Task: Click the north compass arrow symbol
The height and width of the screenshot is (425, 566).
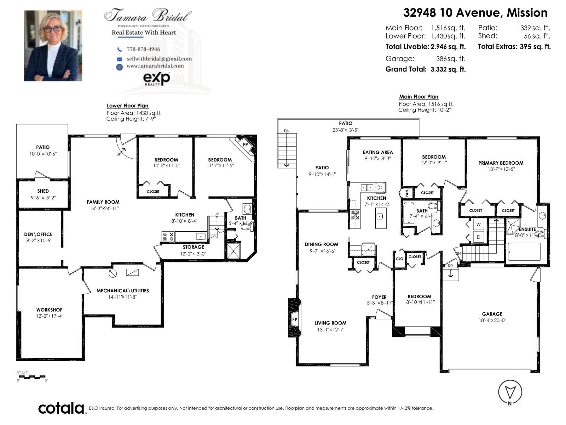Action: [510, 392]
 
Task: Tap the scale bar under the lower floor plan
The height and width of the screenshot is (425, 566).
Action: [32, 377]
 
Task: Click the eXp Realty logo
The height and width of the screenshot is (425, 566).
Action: [156, 78]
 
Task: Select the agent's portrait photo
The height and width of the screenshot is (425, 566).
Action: [53, 46]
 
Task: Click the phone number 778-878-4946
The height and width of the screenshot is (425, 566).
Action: [143, 49]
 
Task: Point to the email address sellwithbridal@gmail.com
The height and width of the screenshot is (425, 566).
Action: [159, 59]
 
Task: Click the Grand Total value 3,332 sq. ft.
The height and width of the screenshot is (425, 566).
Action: [448, 69]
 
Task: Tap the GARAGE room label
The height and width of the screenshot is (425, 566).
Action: [492, 314]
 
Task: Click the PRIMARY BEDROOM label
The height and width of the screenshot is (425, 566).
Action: [501, 163]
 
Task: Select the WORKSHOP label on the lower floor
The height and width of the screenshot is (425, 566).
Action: [49, 310]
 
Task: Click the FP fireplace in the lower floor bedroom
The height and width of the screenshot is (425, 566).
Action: [245, 144]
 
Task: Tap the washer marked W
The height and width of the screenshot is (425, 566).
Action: [478, 224]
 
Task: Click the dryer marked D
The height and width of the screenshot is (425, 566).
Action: [478, 237]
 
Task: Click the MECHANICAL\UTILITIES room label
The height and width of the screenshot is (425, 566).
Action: [123, 290]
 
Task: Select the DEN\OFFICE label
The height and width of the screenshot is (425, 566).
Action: [38, 234]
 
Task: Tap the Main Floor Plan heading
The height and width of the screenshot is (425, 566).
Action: [418, 97]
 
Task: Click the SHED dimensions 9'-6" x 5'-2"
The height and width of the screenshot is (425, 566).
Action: [43, 198]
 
